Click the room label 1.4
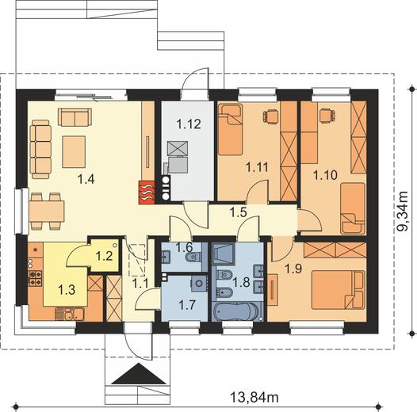(x=86, y=179)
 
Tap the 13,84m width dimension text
(x=254, y=398)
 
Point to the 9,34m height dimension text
(x=402, y=211)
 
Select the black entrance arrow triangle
(x=139, y=374)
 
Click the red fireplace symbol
(x=147, y=193)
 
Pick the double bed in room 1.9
(x=338, y=290)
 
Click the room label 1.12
(x=189, y=124)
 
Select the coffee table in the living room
(x=74, y=152)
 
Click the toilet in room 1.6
(x=194, y=257)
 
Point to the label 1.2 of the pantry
(x=105, y=256)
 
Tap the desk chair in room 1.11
(x=270, y=116)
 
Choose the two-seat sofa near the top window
(x=75, y=117)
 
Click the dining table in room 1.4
(x=47, y=212)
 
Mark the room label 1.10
(x=325, y=175)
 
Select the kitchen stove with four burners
(x=36, y=278)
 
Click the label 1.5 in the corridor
(x=239, y=212)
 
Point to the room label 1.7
(x=187, y=304)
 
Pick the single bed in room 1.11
(x=231, y=129)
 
